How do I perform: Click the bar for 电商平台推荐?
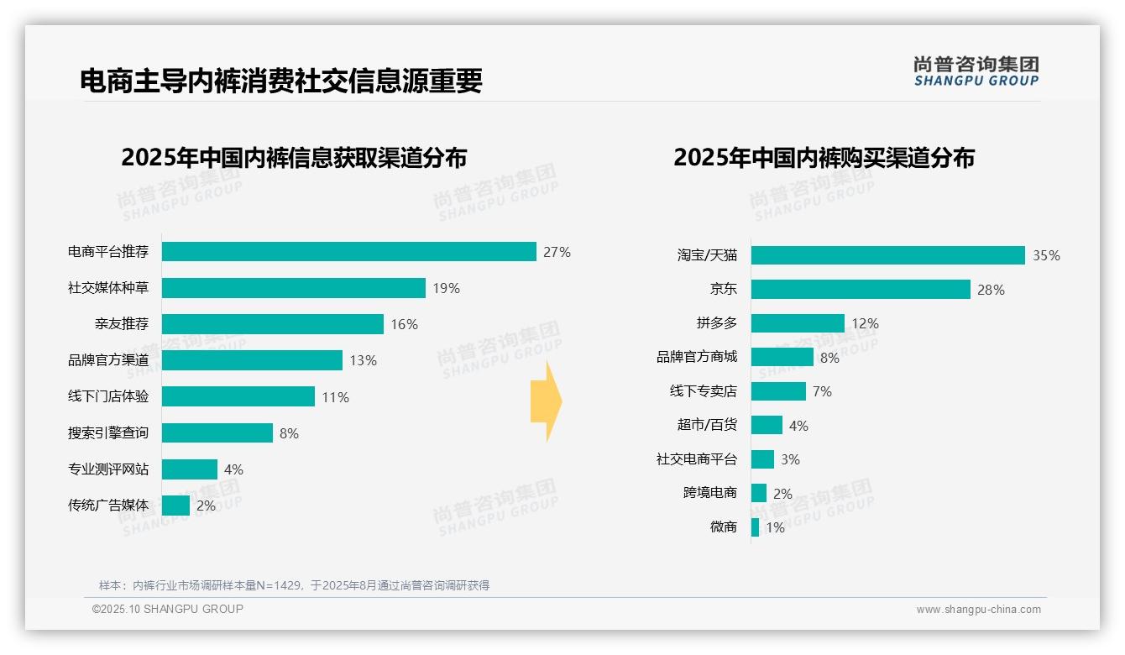[348, 252]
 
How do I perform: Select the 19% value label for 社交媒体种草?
[446, 288]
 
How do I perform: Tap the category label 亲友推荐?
[122, 324]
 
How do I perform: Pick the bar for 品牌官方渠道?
[252, 360]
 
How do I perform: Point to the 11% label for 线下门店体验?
[335, 397]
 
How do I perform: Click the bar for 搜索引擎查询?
[217, 433]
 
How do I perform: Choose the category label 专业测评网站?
[108, 469]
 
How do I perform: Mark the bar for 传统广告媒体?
[175, 506]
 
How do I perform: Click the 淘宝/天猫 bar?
[887, 255]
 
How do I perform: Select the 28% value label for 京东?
[991, 290]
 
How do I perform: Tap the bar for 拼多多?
[798, 323]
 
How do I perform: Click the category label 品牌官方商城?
[697, 357]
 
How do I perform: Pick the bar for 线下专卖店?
[778, 391]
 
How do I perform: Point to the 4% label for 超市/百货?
[798, 426]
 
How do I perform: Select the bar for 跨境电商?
[759, 493]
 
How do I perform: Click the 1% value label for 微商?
[775, 527]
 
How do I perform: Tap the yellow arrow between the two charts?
[547, 401]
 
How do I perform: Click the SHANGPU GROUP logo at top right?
[976, 71]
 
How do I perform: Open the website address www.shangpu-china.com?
[978, 610]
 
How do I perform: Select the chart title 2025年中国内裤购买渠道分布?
[824, 158]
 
